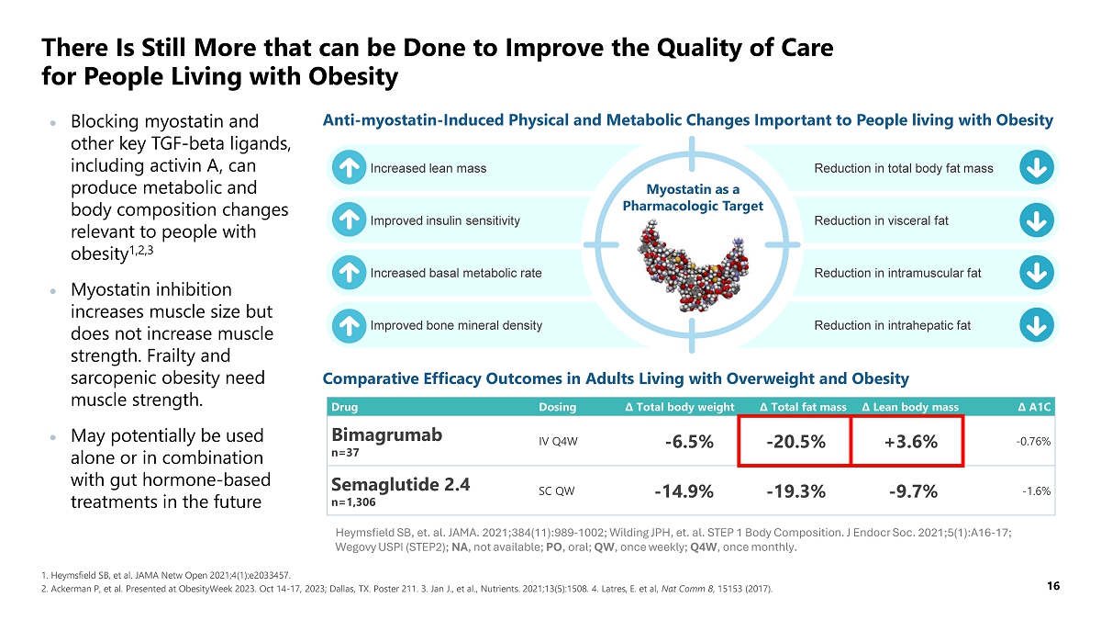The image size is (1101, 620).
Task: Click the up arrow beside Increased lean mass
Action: pos(347,168)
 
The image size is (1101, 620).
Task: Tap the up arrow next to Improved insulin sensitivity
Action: pos(347,220)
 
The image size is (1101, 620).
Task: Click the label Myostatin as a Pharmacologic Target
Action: pos(693,197)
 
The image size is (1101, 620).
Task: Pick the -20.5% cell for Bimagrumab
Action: pos(795,442)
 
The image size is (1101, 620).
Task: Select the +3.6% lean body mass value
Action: pos(910,442)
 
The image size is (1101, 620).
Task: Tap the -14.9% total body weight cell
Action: pos(684,491)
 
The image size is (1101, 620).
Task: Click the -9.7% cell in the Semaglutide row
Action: pos(913,491)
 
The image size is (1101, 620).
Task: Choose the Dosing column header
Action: pos(558,407)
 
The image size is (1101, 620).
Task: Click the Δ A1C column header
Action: pos(1034,407)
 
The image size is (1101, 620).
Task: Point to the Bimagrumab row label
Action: pos(386,435)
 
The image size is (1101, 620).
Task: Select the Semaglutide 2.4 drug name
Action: pos(400,485)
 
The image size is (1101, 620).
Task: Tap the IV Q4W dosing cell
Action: pos(558,442)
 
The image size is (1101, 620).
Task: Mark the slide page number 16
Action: pos(1053,586)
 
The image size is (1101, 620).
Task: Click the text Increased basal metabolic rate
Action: pos(456,273)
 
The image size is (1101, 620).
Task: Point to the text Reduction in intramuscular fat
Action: pos(897,273)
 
